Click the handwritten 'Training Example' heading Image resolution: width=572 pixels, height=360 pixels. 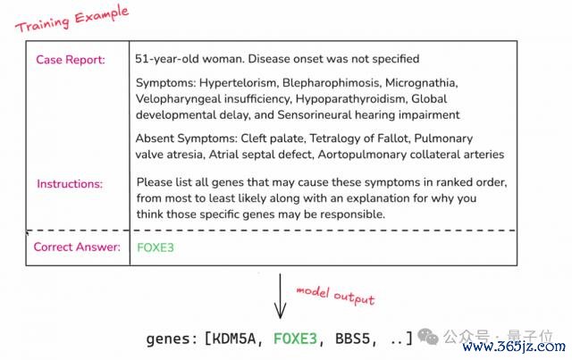tap(71, 19)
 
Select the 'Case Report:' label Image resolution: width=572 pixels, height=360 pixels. tap(71, 60)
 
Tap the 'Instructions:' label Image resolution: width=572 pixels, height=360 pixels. tap(70, 184)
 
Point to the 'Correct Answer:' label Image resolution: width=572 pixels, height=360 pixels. tap(77, 247)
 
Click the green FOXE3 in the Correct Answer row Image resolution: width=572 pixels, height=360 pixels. tap(156, 247)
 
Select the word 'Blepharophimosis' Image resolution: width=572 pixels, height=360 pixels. tap(331, 83)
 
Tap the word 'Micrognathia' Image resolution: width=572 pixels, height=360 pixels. tap(421, 83)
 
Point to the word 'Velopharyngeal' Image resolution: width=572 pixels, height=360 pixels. tap(178, 99)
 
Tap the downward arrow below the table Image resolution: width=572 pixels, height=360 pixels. tap(280, 296)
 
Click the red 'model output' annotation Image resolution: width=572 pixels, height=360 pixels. tap(335, 296)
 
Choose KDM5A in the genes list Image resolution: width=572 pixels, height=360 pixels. tap(233, 339)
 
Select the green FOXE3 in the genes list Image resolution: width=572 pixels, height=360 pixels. tap(296, 339)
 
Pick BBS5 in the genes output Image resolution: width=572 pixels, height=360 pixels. tap(352, 339)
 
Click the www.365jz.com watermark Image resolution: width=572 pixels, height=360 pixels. tap(514, 346)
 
